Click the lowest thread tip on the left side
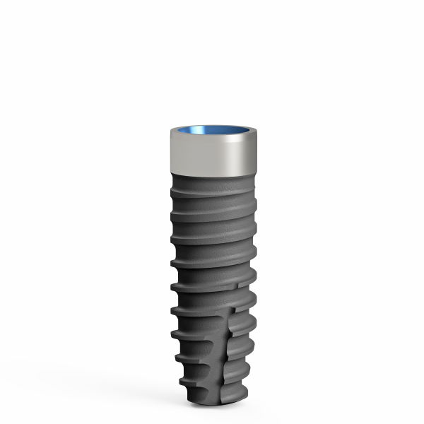tap(183, 382)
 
